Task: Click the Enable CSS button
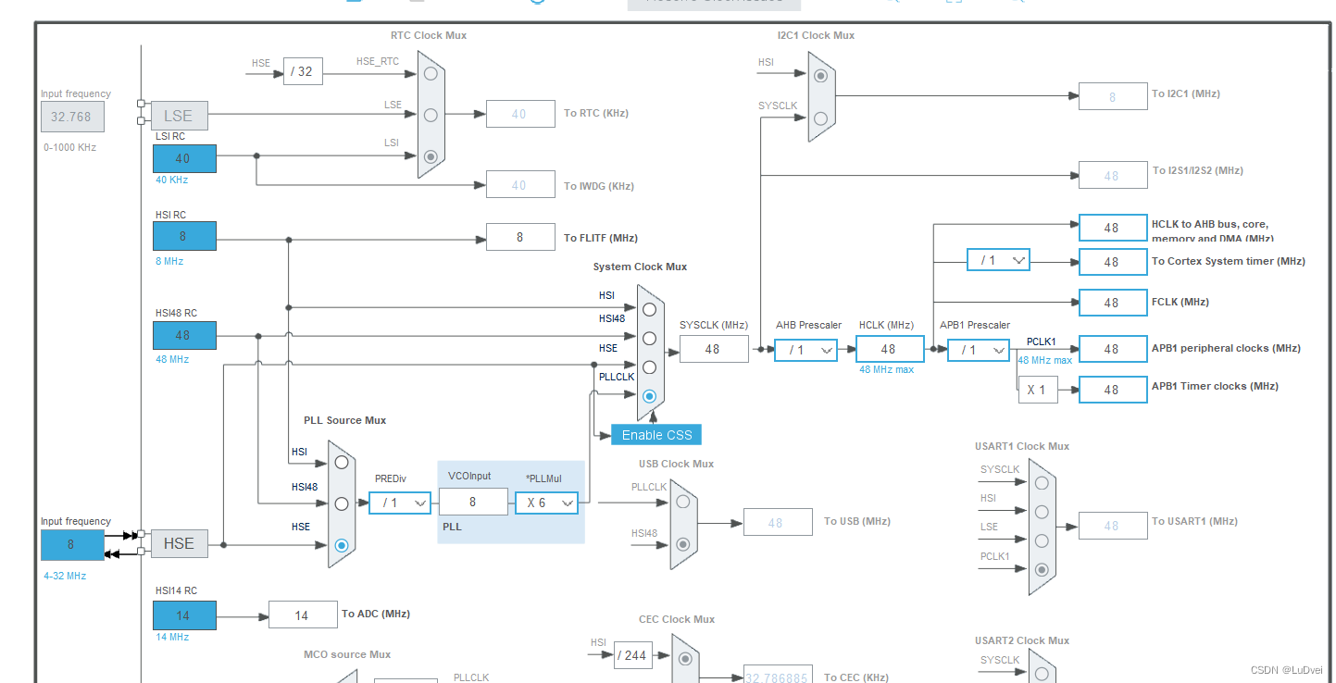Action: (x=656, y=435)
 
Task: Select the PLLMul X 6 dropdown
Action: (x=546, y=503)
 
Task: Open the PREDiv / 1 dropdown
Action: (x=400, y=503)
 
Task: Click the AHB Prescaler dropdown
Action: (x=805, y=350)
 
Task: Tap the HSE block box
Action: (x=179, y=543)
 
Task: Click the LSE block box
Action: (x=179, y=116)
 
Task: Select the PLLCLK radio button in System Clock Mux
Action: (x=649, y=396)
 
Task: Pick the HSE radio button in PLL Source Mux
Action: (x=342, y=545)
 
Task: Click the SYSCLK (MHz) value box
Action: (x=713, y=349)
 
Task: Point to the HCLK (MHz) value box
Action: (x=889, y=349)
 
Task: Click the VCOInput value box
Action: (x=473, y=502)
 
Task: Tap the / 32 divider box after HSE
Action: (x=303, y=71)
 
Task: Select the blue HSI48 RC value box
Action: (x=184, y=335)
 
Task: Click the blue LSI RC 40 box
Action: (x=184, y=158)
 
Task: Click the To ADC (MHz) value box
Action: (x=303, y=615)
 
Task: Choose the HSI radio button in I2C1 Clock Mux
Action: (x=820, y=75)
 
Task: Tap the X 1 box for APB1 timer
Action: (x=1037, y=390)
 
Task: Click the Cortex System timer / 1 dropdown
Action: (x=998, y=261)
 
